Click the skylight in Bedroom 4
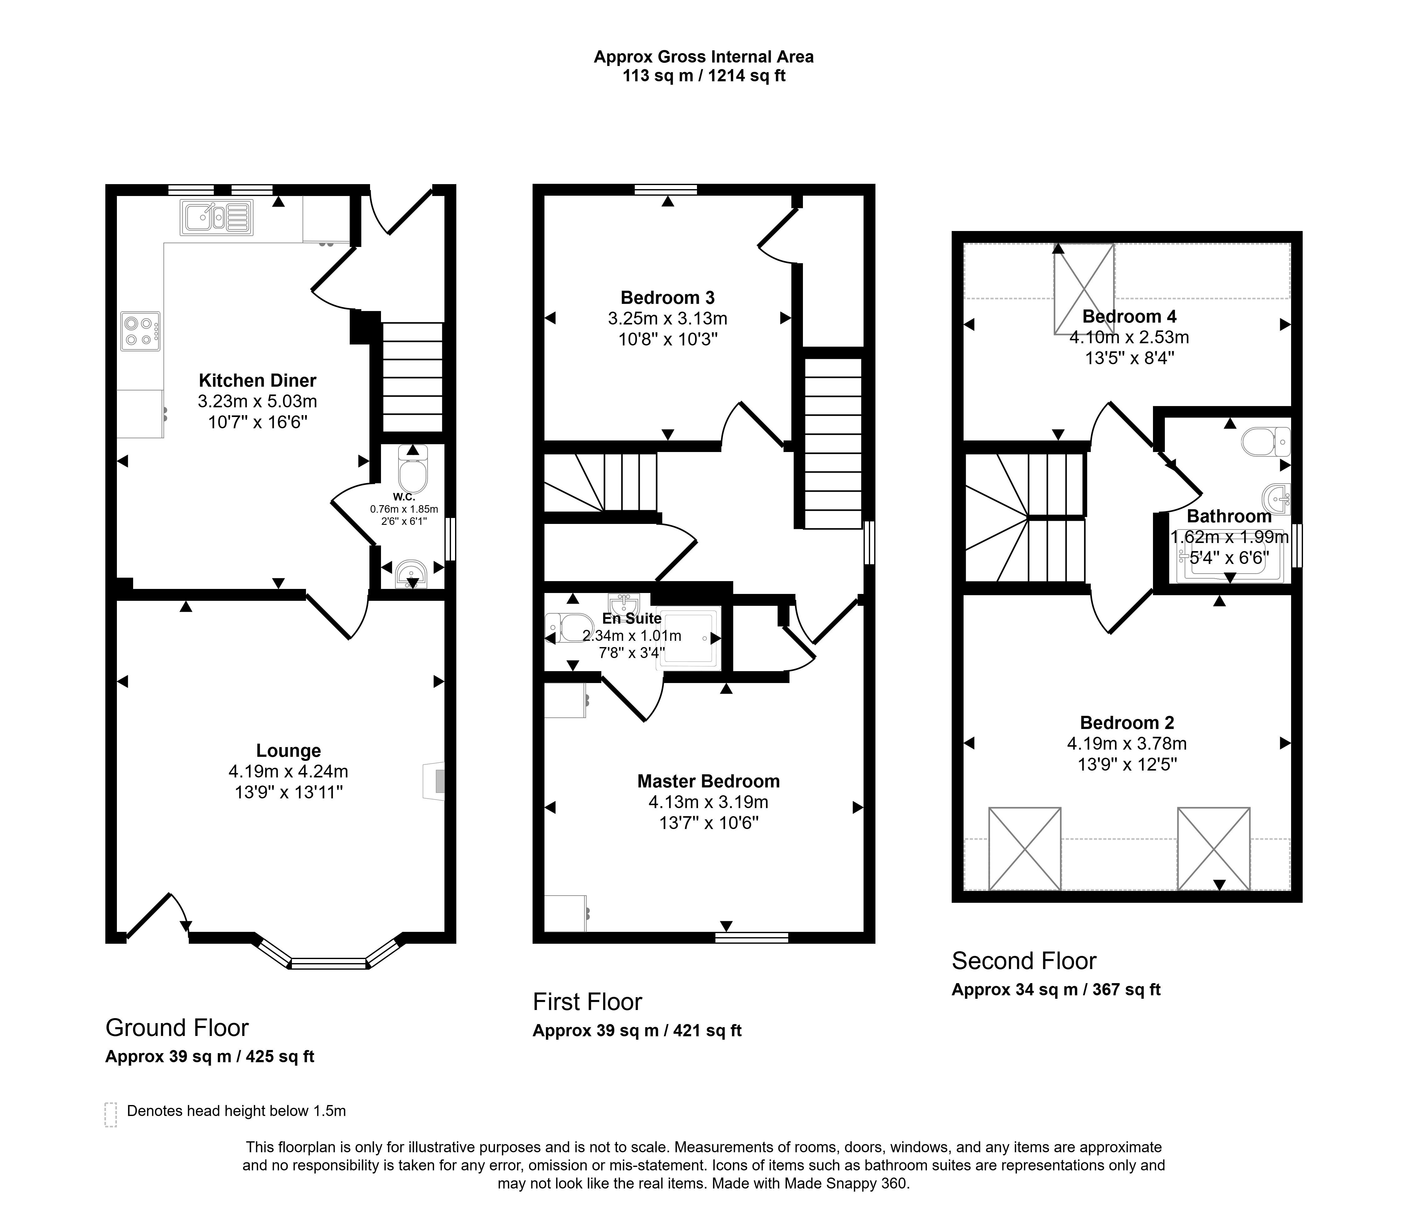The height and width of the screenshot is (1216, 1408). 1084,289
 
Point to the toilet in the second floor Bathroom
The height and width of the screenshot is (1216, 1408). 1265,442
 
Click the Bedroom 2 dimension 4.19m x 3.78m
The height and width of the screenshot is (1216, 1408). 1127,744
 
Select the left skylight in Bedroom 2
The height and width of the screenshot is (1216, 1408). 1025,848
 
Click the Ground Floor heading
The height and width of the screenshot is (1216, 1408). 177,1028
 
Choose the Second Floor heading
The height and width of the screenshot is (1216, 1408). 1024,961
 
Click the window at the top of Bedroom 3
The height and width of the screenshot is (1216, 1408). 666,190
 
